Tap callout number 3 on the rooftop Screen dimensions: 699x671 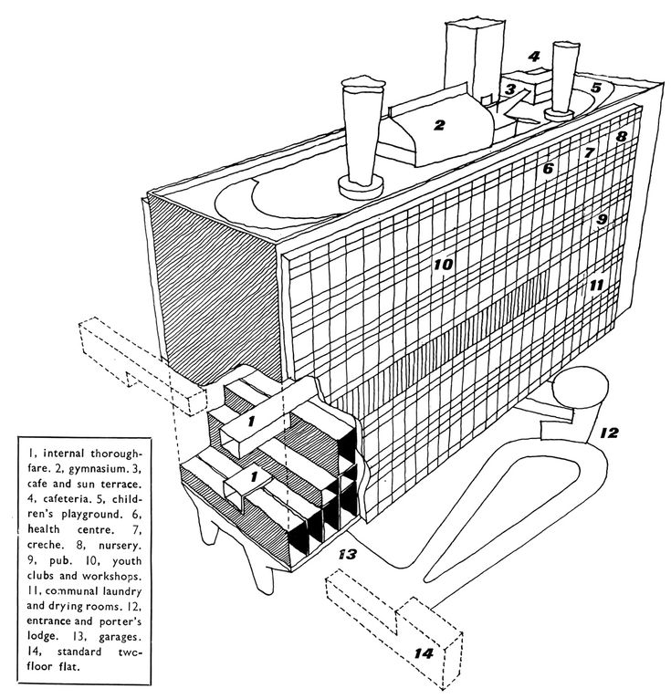pyautogui.click(x=512, y=89)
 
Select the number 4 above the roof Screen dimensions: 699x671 pyautogui.click(x=534, y=57)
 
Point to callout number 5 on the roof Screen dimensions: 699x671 pyautogui.click(x=595, y=89)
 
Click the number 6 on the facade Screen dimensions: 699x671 pyautogui.click(x=548, y=170)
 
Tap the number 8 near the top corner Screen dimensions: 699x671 pyautogui.click(x=621, y=137)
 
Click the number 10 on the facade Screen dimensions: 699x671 pyautogui.click(x=443, y=266)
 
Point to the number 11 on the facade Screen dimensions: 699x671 pyautogui.click(x=595, y=286)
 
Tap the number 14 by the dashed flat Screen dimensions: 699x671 pyautogui.click(x=423, y=653)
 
